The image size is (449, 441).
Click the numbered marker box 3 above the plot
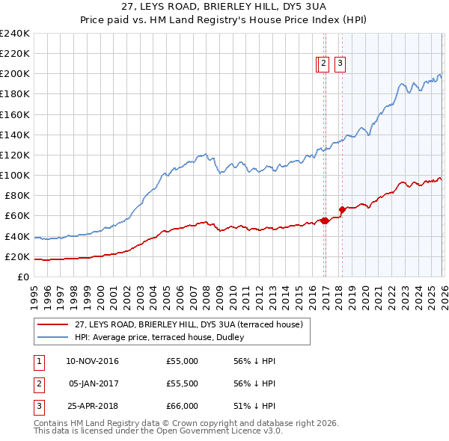pyautogui.click(x=340, y=64)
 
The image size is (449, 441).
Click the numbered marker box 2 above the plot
pyautogui.click(x=323, y=64)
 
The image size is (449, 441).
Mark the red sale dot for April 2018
pyautogui.click(x=342, y=209)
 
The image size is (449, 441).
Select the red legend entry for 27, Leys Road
pyautogui.click(x=187, y=324)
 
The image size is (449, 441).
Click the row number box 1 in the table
pyautogui.click(x=38, y=361)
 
